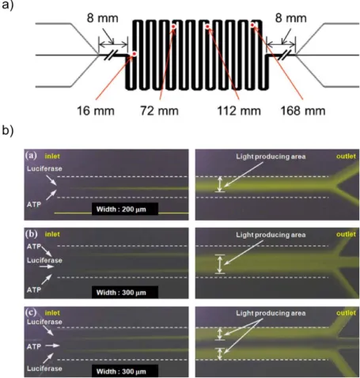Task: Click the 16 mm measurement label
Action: (96, 111)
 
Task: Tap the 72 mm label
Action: (159, 111)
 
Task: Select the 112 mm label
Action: (239, 111)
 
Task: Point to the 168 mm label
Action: (303, 111)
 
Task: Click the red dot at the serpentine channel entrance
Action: (134, 54)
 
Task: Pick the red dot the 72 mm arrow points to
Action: (173, 27)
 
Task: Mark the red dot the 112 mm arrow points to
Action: (207, 27)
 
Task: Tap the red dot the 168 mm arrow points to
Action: (252, 25)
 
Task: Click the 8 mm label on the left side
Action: (103, 18)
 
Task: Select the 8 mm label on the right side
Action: (291, 18)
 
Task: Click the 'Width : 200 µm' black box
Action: (125, 209)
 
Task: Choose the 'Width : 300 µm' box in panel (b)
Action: (125, 292)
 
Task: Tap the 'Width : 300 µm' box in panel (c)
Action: (125, 371)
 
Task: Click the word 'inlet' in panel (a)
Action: (52, 157)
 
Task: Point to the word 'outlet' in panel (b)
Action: (346, 234)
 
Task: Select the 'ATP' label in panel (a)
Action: (34, 204)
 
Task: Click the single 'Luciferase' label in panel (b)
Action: (44, 260)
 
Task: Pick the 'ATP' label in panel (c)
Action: (34, 346)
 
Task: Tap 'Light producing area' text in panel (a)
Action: (271, 157)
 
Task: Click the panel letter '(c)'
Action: (31, 312)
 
